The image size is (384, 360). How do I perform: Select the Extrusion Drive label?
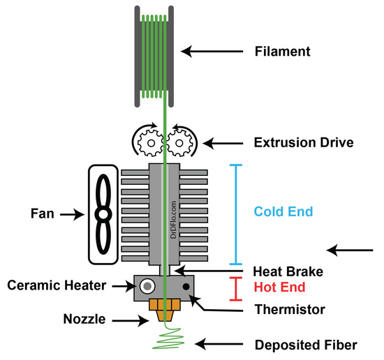pyautogui.click(x=302, y=143)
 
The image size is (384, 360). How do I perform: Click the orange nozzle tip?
pyautogui.click(x=165, y=311)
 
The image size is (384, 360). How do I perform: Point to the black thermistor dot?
pyautogui.click(x=186, y=286)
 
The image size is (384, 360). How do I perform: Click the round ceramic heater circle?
pyautogui.click(x=147, y=286)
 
